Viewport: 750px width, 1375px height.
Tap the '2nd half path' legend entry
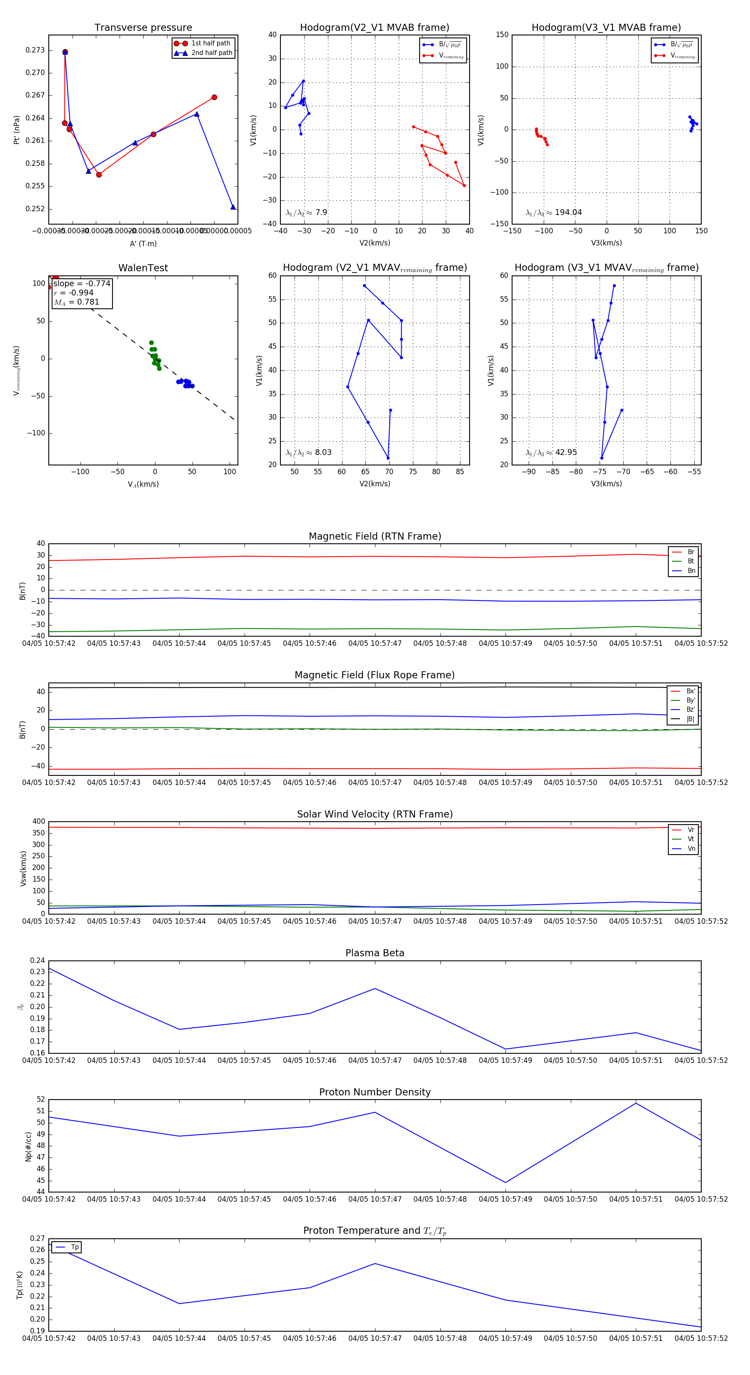coord(211,53)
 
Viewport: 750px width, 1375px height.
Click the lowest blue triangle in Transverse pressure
coord(233,207)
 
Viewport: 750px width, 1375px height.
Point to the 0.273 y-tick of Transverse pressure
coord(35,50)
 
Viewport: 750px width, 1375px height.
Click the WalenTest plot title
coord(143,268)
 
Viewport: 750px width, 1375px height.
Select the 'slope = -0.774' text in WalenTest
coord(82,283)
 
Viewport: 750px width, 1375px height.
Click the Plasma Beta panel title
coord(375,953)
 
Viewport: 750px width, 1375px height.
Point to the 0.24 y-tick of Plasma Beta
coord(37,960)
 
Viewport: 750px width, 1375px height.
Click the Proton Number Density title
coord(375,1092)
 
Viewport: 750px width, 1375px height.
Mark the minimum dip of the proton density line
coord(505,1182)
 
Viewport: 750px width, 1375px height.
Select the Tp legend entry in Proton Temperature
coord(74,1247)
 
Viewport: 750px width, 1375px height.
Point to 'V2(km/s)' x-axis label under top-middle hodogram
coord(375,243)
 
